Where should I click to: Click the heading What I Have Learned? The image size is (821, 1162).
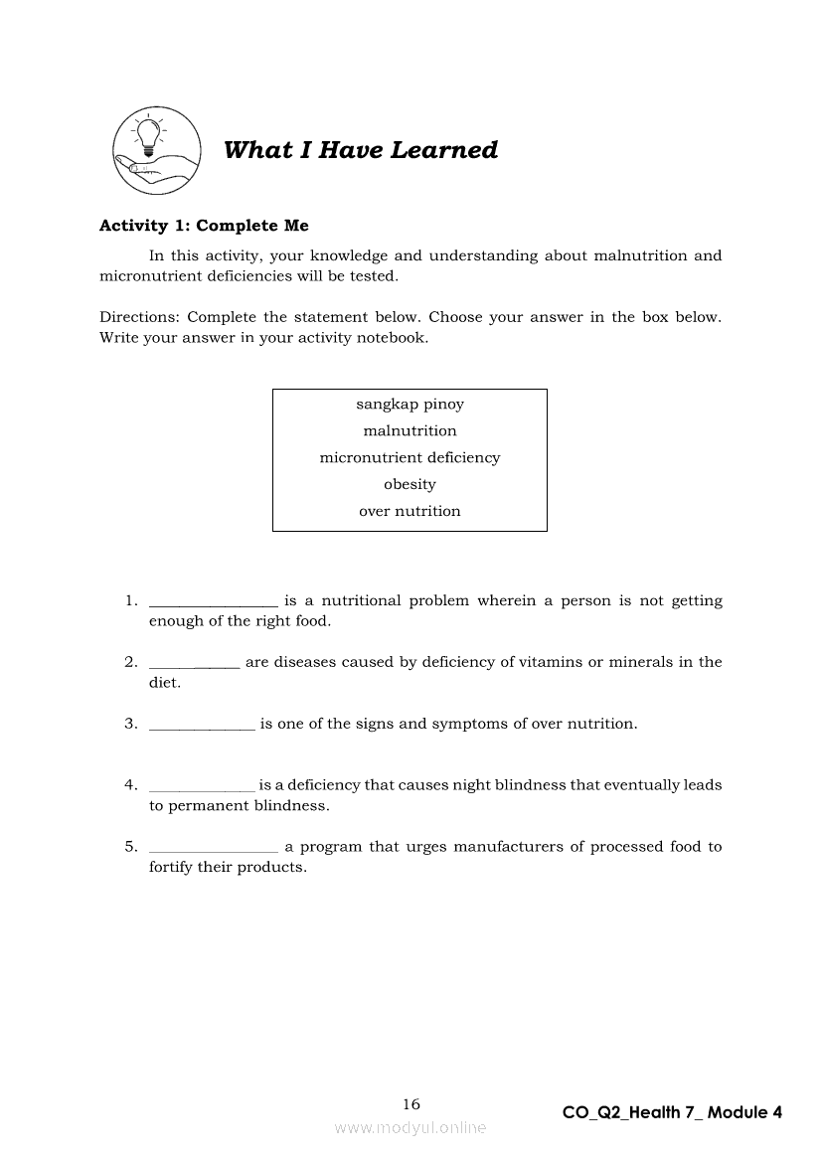361,150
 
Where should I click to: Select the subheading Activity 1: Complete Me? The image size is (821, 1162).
204,226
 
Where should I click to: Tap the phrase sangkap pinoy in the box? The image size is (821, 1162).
410,405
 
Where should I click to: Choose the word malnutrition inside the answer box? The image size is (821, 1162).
410,431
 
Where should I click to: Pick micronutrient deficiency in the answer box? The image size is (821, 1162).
410,458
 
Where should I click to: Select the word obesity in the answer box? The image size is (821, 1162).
410,485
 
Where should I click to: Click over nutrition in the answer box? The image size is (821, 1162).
410,512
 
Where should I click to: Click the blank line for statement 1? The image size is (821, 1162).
213,604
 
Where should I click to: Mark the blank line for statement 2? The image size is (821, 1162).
194,666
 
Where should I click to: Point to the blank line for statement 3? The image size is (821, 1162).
202,728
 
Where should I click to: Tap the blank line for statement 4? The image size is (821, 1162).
202,789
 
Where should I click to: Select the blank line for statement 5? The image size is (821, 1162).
213,851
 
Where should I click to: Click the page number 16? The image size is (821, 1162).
411,1104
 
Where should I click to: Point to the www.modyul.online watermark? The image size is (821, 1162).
410,1128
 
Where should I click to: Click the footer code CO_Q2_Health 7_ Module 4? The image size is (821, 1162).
672,1113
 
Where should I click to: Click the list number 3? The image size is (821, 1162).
130,724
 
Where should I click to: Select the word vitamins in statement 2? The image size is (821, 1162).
550,662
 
